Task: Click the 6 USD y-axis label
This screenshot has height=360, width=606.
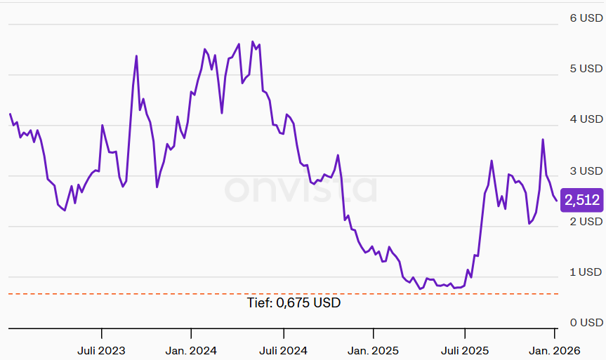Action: point(586,18)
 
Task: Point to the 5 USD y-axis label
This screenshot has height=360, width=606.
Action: point(586,69)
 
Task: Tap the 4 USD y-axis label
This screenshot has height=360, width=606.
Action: point(586,119)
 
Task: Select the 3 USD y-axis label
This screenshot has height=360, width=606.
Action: point(586,171)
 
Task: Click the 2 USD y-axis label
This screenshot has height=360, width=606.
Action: point(586,221)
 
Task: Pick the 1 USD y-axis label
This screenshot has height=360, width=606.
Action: point(586,272)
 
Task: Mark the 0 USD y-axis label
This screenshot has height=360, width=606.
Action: point(586,323)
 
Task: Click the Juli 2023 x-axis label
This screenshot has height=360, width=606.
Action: point(102,350)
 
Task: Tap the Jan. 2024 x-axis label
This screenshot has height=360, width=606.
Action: point(191,350)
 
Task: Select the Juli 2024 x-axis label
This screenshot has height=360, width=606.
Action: point(283,350)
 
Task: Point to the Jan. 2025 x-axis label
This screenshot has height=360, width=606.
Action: point(374,350)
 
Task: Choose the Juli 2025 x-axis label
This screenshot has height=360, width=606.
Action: point(465,350)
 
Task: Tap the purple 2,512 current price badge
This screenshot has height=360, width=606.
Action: point(582,201)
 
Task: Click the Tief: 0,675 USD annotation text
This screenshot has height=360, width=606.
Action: point(294,303)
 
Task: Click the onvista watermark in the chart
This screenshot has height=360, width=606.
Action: point(301,188)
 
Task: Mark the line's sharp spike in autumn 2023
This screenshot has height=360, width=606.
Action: point(136,56)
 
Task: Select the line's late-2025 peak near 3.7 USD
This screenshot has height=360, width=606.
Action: point(543,140)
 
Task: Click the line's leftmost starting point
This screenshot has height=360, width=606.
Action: point(10,114)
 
